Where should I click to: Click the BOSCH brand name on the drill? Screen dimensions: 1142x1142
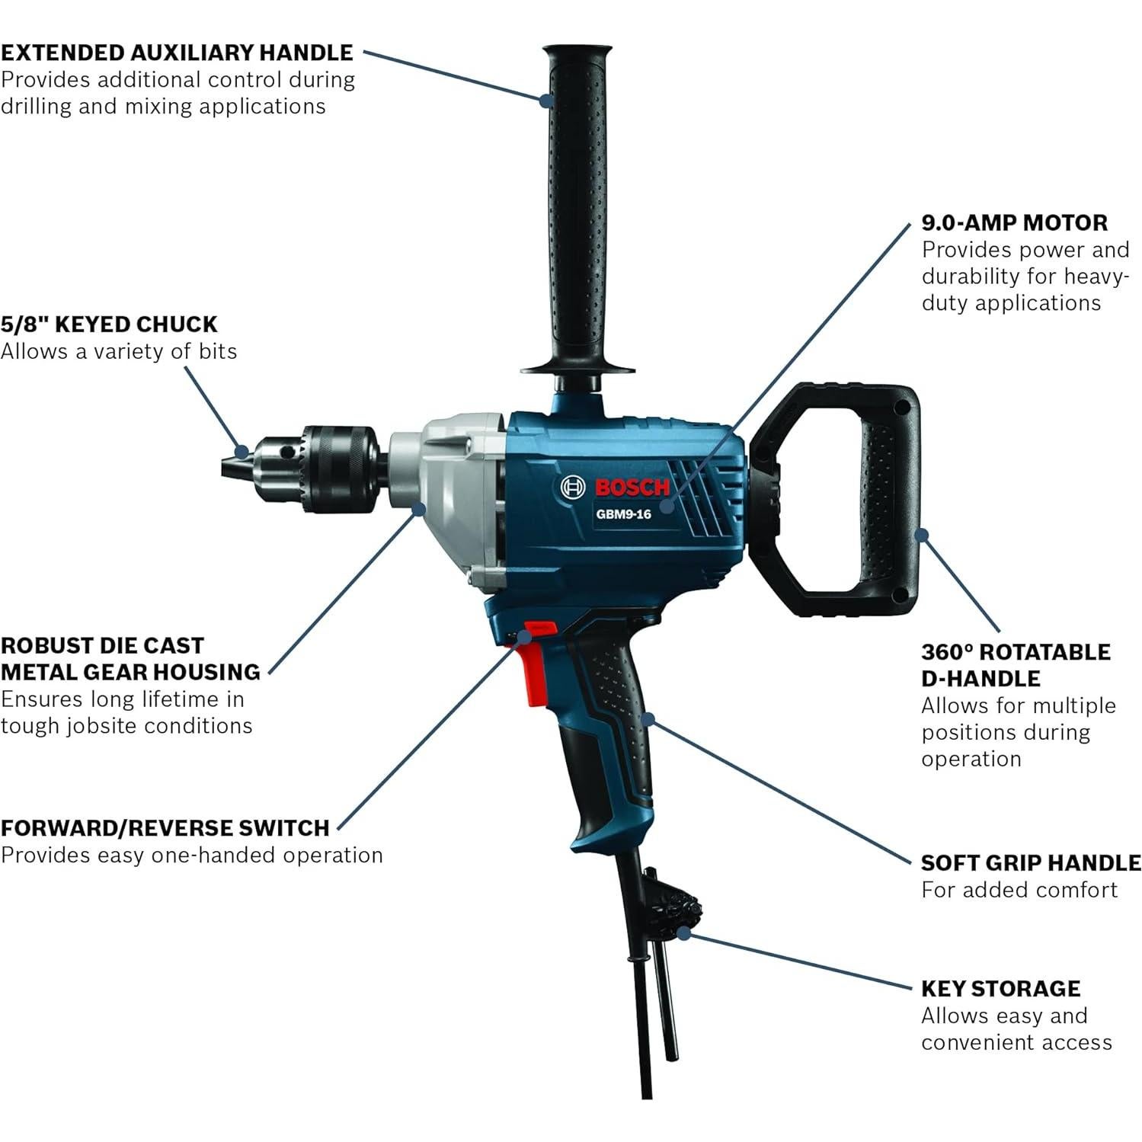point(632,488)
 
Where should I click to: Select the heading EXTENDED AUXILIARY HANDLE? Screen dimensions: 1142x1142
point(177,53)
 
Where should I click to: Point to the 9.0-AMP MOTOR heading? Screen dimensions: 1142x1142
point(1015,223)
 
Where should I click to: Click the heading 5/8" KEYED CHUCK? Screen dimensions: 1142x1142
point(109,325)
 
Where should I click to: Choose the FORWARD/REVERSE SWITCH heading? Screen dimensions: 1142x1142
point(165,828)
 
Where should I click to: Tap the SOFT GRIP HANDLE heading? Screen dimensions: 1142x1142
point(1031,863)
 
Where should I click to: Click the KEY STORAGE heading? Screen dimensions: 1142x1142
point(1000,989)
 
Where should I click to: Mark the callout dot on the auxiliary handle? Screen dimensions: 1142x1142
point(546,99)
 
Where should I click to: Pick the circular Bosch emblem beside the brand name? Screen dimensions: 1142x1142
point(573,488)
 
